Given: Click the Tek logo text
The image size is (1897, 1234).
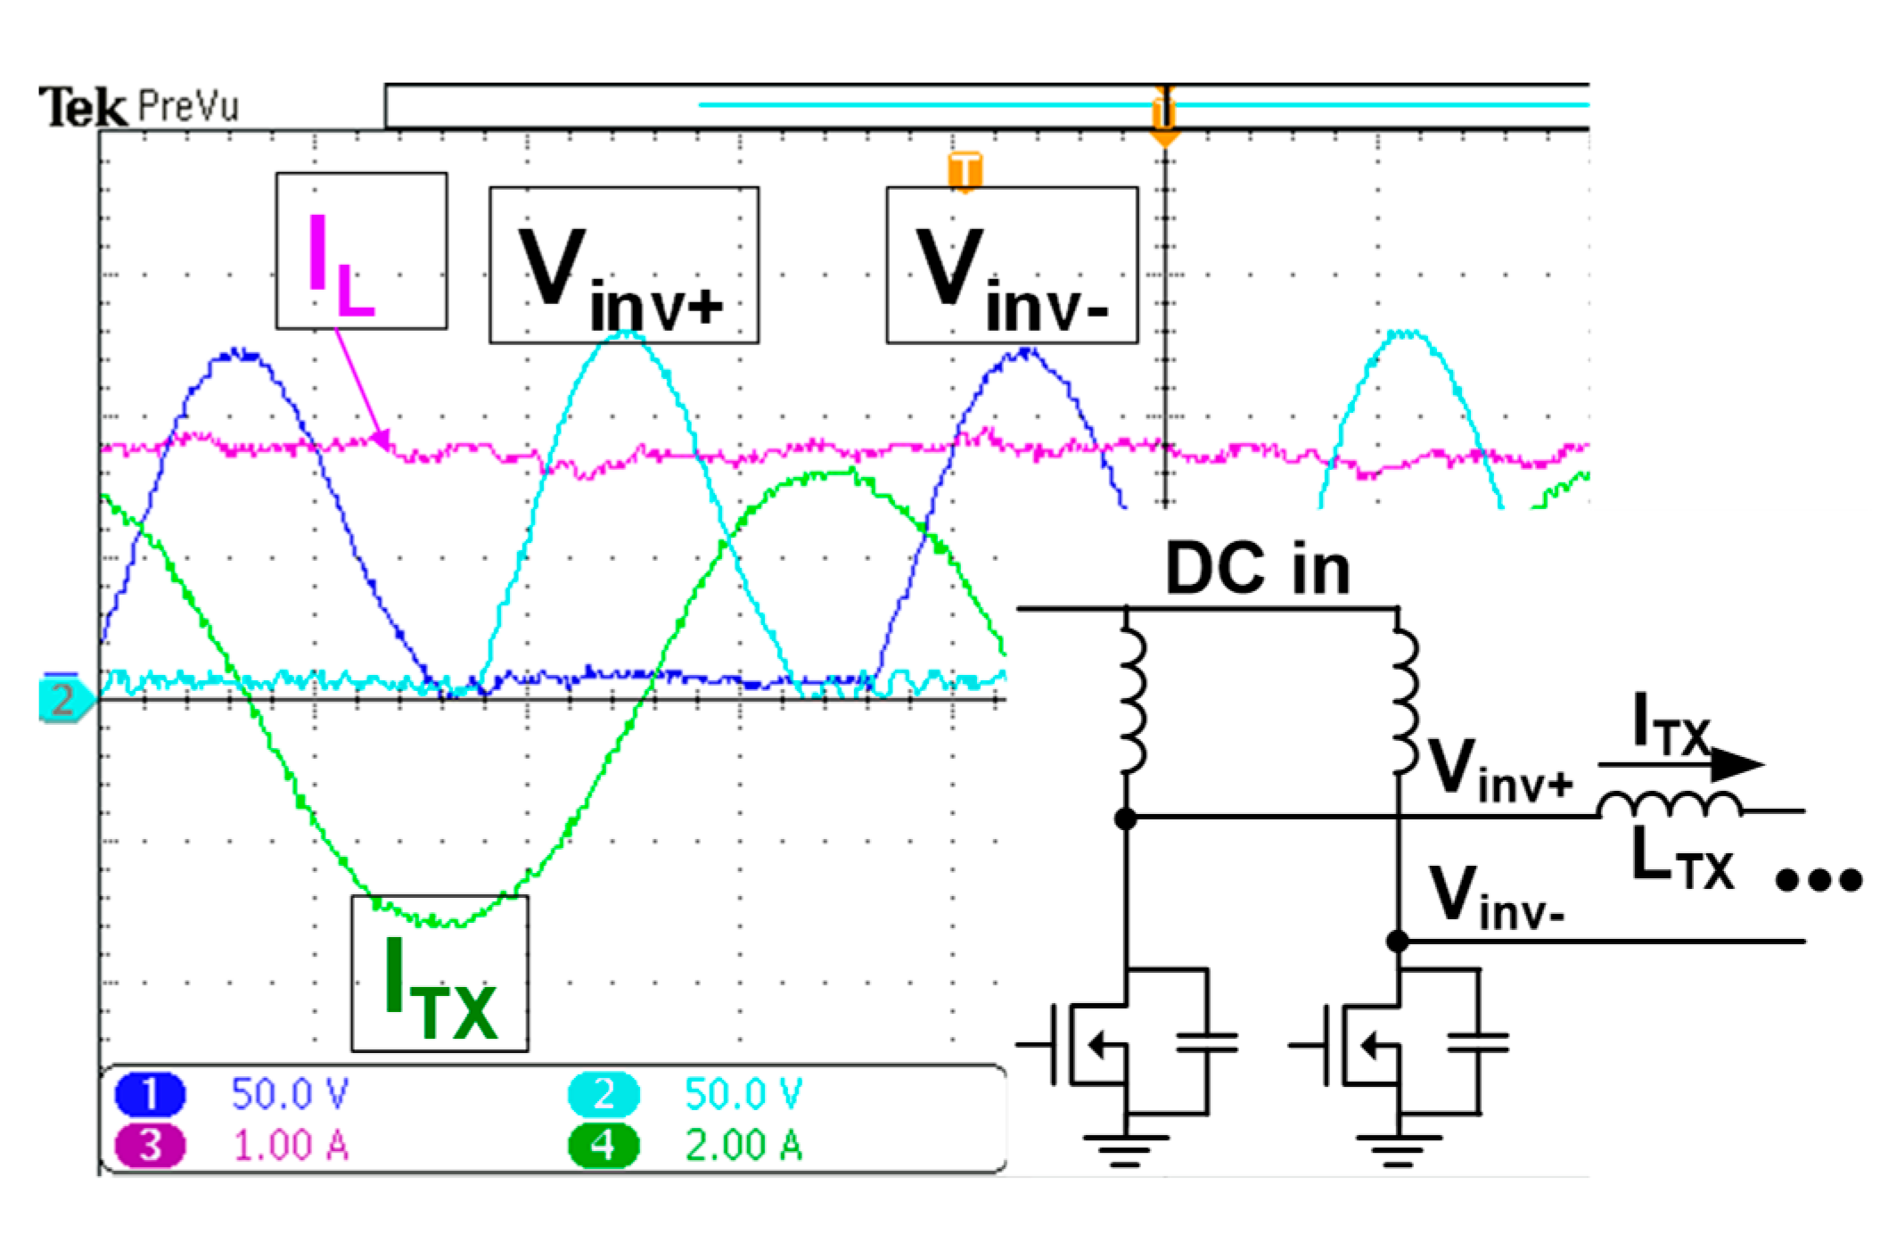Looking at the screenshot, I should [82, 107].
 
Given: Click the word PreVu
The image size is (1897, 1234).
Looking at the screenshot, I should [188, 107].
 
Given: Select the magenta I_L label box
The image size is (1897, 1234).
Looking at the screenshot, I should [361, 251].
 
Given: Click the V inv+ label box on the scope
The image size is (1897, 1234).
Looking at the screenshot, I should [623, 265].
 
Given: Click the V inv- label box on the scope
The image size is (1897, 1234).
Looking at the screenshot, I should [1011, 265].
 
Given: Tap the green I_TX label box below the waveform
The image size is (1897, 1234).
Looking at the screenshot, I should [439, 974].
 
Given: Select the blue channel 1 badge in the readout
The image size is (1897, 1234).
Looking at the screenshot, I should [150, 1094].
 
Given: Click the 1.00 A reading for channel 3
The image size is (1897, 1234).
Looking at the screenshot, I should [291, 1146].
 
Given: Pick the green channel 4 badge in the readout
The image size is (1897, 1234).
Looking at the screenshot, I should [604, 1146].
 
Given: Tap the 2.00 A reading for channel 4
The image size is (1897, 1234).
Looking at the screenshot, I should [743, 1146].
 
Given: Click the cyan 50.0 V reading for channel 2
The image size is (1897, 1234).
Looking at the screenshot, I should [743, 1094].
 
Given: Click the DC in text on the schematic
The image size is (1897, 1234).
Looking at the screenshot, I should [1257, 569].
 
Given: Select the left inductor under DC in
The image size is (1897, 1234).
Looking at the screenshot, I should [1132, 700].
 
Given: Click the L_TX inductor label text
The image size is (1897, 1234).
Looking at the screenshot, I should [1681, 860].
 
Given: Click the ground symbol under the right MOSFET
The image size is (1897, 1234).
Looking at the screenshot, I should [1398, 1148].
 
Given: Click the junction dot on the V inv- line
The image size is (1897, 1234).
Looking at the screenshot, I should [1398, 941].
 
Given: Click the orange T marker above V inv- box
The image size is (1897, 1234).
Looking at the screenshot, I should [965, 170].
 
